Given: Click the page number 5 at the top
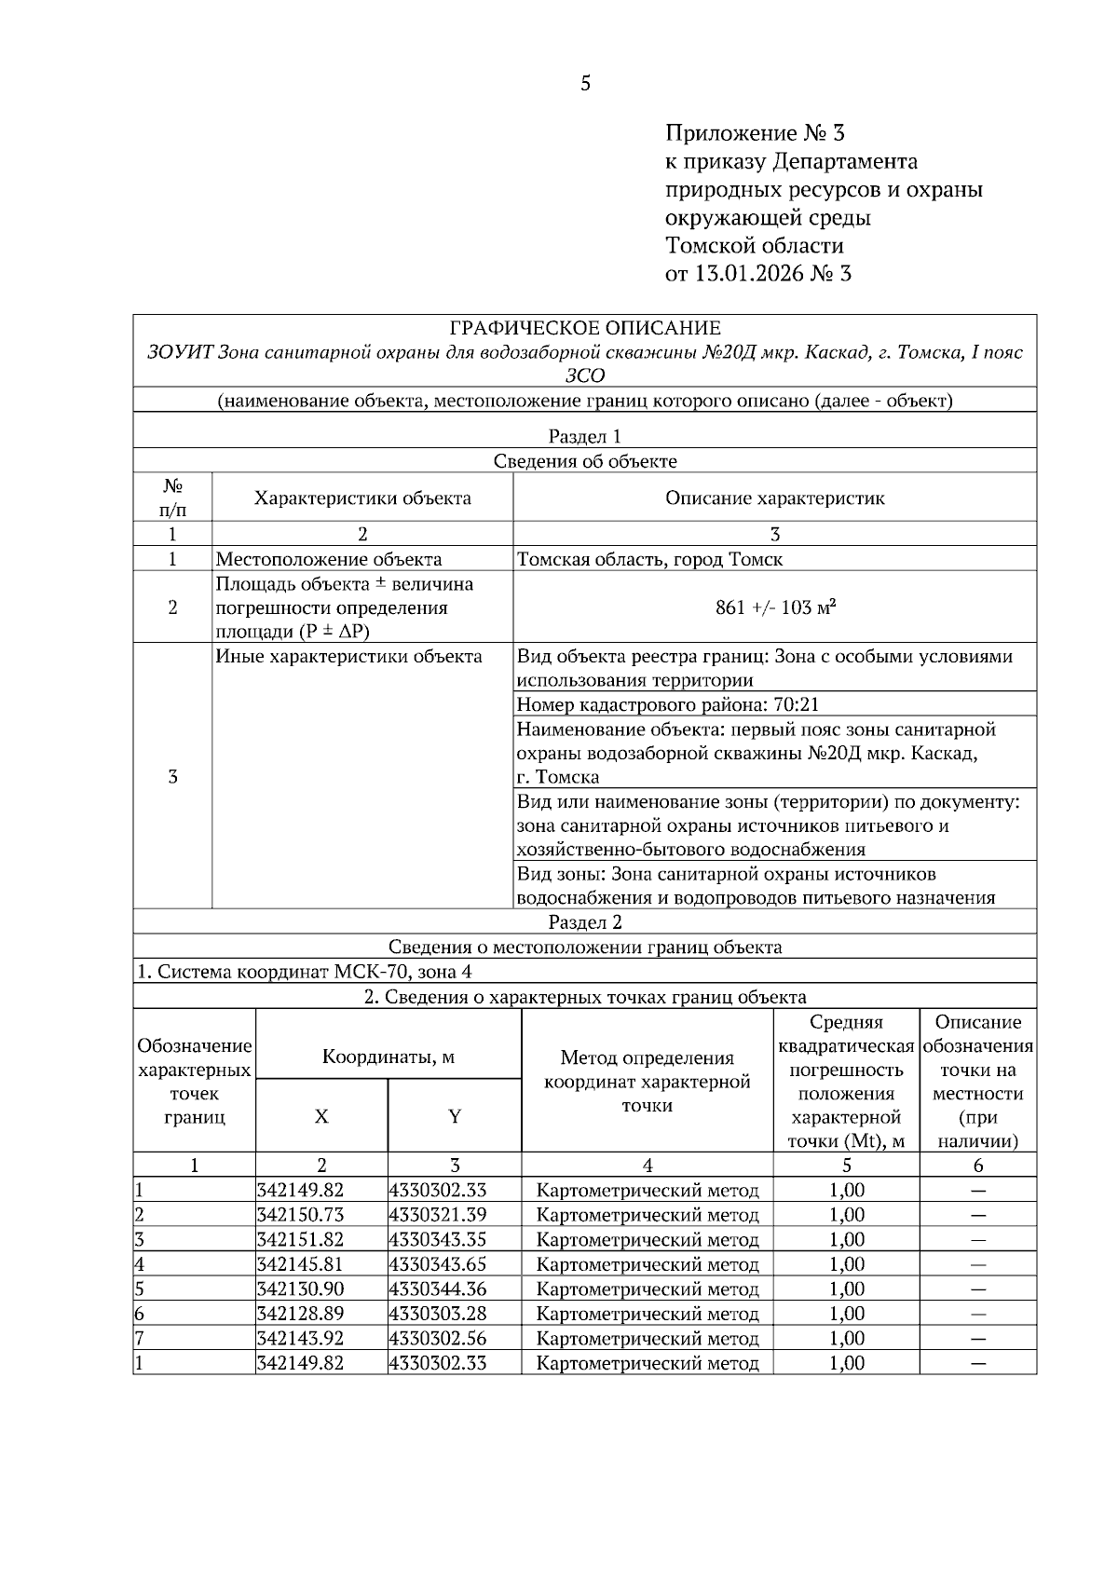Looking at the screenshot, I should click(585, 84).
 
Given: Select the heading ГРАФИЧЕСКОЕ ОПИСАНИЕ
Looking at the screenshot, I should click(584, 328).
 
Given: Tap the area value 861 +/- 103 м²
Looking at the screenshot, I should click(774, 607).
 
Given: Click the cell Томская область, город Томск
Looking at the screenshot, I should click(649, 559).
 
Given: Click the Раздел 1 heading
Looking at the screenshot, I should click(584, 436).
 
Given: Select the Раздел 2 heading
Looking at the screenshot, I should click(584, 922).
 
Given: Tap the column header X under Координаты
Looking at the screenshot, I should click(321, 1116).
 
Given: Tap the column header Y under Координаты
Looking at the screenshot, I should click(455, 1116).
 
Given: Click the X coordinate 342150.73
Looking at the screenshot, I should click(300, 1215).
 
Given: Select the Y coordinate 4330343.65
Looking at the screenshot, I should click(438, 1264).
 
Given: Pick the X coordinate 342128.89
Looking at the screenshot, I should click(300, 1314).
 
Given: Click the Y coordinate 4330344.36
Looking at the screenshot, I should click(438, 1289).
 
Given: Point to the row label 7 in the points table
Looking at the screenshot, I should click(139, 1338).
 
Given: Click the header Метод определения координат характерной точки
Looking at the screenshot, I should click(648, 1082).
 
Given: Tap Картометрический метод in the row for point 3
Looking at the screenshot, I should click(648, 1240).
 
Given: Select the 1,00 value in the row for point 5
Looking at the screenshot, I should click(846, 1289).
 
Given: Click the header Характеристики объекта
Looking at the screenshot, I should click(362, 498).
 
